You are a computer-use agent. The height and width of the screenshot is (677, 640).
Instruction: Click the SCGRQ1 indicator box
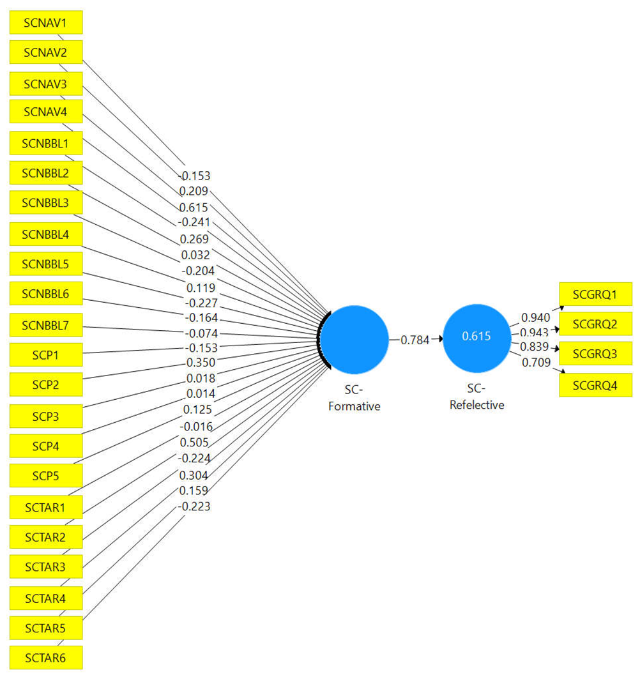tap(595, 294)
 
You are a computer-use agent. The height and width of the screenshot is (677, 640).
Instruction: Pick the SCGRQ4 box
tap(595, 385)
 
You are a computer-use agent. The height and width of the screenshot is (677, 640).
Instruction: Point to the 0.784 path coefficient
tap(415, 340)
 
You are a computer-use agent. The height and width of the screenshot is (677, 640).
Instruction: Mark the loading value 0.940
tap(535, 317)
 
